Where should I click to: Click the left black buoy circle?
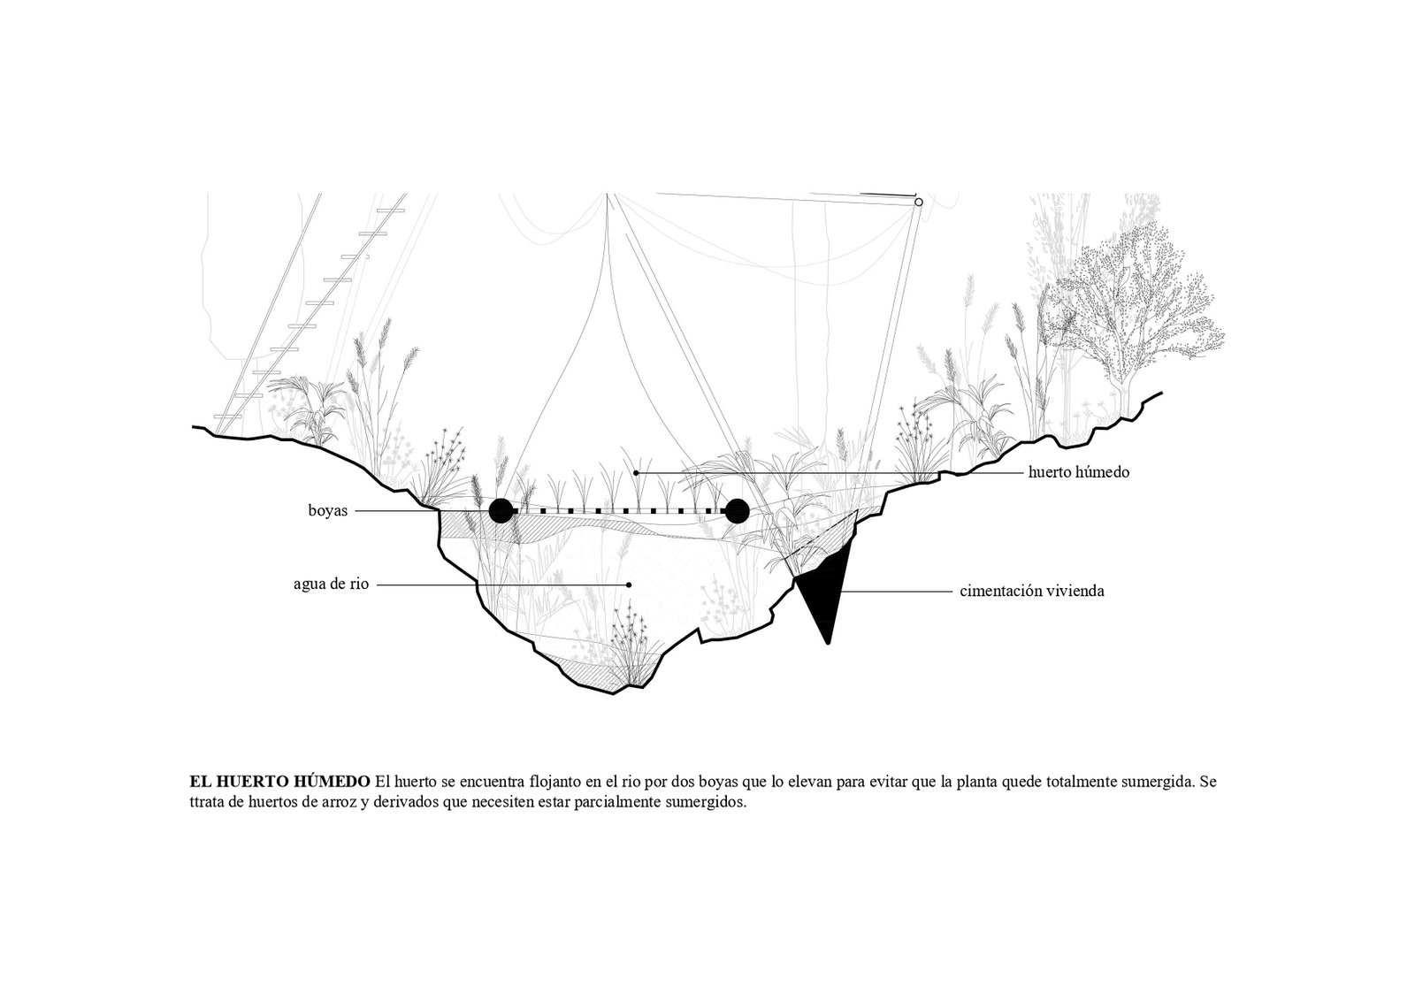point(501,510)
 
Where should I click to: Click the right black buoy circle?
point(737,510)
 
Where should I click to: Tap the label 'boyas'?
point(328,510)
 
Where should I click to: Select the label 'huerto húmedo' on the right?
point(1078,472)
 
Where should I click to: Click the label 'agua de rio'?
point(331,585)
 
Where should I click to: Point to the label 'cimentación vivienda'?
point(1031,591)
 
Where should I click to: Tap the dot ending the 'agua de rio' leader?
point(629,585)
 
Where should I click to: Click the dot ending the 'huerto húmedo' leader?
point(636,472)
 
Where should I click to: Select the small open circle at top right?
point(919,202)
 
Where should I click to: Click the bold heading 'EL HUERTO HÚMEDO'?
point(279,781)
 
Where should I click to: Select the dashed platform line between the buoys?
point(619,510)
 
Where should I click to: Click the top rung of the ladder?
point(390,210)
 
